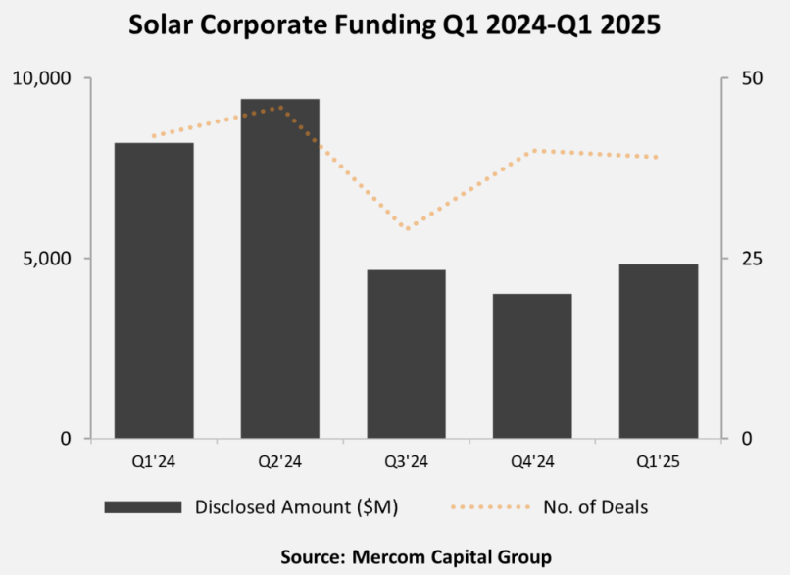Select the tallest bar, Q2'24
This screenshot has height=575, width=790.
[x=280, y=268]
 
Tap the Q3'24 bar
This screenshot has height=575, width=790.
[x=407, y=354]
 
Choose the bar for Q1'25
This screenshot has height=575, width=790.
[x=659, y=351]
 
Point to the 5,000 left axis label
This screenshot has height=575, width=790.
[x=48, y=259]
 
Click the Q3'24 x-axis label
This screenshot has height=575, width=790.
[x=407, y=458]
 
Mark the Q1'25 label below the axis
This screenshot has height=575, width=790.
[x=659, y=458]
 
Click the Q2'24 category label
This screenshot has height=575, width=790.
[x=280, y=458]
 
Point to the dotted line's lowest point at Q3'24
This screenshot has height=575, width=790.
[x=407, y=229]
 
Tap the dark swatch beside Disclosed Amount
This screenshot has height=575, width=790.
[x=142, y=506]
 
